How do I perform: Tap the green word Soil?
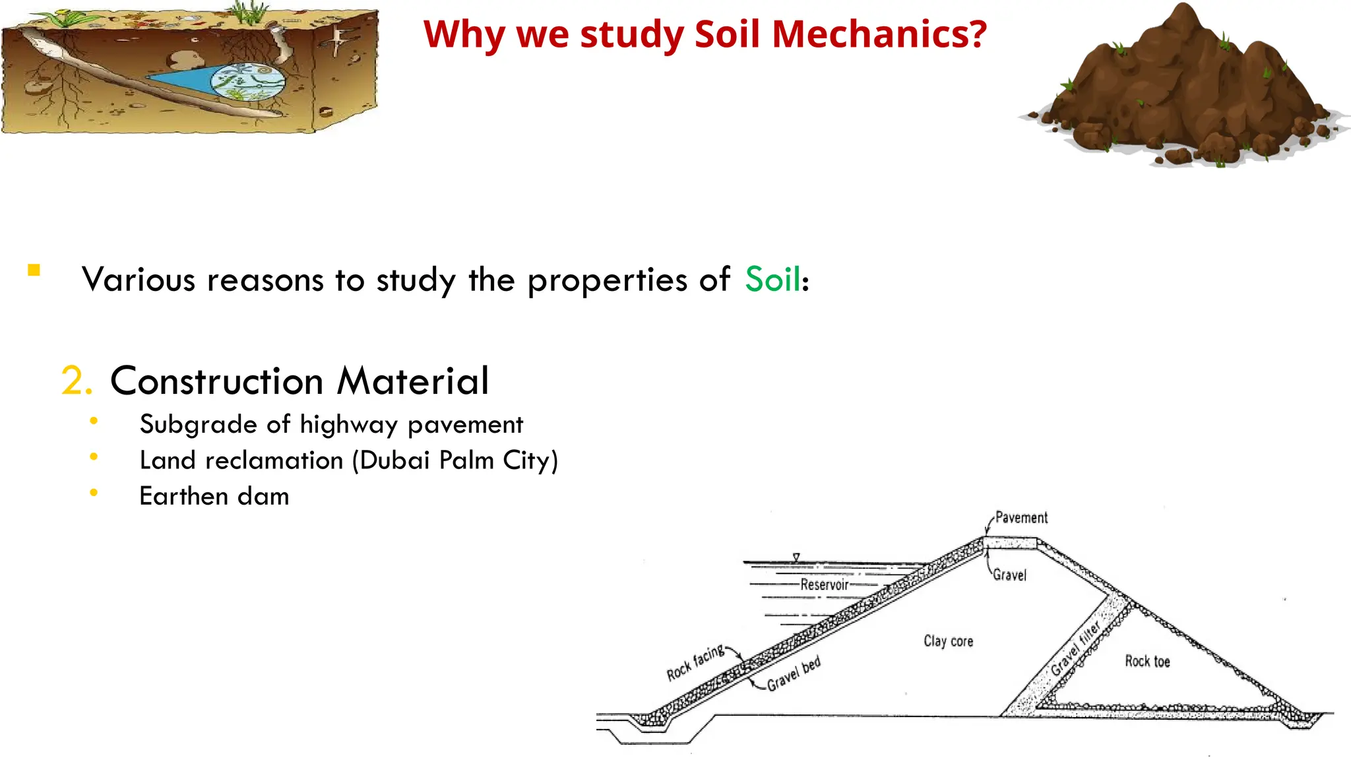(x=772, y=279)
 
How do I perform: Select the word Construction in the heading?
(x=216, y=381)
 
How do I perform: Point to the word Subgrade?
(x=198, y=425)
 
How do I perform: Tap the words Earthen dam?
(x=214, y=496)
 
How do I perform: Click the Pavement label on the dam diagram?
(x=1021, y=518)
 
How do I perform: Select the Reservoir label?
(x=824, y=585)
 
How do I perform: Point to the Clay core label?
(x=948, y=641)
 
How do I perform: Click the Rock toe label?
(x=1147, y=661)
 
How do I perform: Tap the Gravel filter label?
(x=1075, y=648)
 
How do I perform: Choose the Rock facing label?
(x=695, y=663)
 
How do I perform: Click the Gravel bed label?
(x=794, y=674)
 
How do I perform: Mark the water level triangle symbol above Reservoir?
(x=796, y=557)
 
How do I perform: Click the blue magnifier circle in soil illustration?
(x=247, y=82)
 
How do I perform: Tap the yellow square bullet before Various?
(x=34, y=270)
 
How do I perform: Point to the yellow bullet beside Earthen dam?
(x=94, y=492)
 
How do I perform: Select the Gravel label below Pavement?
(x=1010, y=575)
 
